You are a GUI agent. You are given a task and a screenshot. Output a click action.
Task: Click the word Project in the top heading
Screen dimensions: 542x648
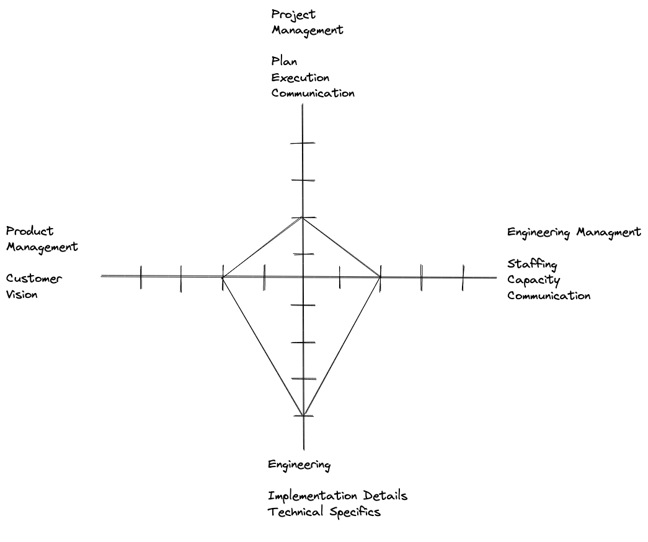pyautogui.click(x=293, y=14)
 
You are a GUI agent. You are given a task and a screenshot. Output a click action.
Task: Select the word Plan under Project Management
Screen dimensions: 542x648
pyautogui.click(x=284, y=61)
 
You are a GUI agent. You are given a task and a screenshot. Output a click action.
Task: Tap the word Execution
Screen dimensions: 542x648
pyautogui.click(x=300, y=77)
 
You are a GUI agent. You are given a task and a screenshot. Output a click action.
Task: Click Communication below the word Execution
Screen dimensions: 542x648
pyautogui.click(x=313, y=94)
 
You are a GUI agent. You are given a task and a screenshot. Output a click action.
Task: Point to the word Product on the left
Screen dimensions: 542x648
pyautogui.click(x=30, y=231)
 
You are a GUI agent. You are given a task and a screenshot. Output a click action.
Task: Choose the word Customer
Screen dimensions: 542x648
pyautogui.click(x=34, y=279)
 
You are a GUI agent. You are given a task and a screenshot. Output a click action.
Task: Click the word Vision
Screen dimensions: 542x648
pyautogui.click(x=22, y=295)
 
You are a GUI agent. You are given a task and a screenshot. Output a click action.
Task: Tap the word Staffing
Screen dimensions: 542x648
pyautogui.click(x=532, y=264)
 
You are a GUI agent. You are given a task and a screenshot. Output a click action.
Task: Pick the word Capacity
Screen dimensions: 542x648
pyautogui.click(x=533, y=280)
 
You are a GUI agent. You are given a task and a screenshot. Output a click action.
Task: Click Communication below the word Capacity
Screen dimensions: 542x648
pyautogui.click(x=549, y=295)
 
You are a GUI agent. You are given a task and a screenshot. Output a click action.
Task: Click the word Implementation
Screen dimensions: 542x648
pyautogui.click(x=313, y=496)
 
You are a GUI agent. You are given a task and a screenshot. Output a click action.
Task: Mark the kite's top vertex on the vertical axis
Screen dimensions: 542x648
pyautogui.click(x=302, y=217)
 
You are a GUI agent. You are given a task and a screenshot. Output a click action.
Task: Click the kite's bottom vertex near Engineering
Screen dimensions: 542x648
pyautogui.click(x=303, y=416)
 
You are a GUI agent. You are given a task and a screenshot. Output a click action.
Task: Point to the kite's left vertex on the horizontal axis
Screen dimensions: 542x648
pyautogui.click(x=223, y=277)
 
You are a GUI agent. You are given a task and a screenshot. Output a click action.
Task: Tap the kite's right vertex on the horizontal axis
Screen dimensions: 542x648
pyautogui.click(x=380, y=277)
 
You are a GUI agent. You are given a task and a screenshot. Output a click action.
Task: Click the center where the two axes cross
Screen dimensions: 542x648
pyautogui.click(x=303, y=277)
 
